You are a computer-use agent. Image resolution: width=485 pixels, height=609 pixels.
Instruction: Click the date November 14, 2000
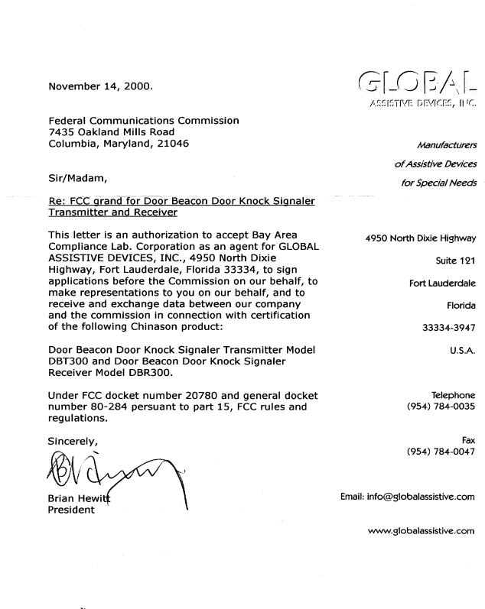pyautogui.click(x=99, y=86)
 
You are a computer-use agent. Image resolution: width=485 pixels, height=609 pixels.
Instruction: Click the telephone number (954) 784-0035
pyautogui.click(x=441, y=407)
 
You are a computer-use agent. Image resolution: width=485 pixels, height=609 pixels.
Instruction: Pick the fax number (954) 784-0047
pyautogui.click(x=441, y=452)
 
